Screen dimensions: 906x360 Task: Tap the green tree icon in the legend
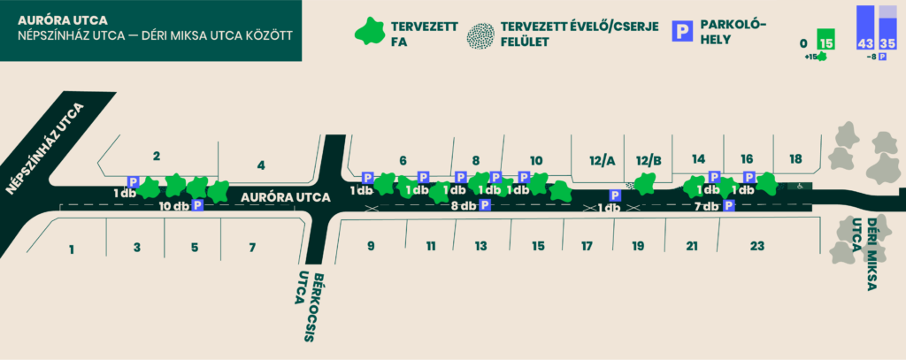371,32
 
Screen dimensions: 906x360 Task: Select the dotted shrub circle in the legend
480,36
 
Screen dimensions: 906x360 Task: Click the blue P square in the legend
683,31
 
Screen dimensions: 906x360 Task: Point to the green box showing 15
826,41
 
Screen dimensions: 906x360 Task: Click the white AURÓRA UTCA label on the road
286,197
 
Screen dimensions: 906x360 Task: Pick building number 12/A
602,161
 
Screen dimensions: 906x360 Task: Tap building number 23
757,246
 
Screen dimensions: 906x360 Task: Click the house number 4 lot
261,165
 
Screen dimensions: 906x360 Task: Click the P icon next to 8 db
485,204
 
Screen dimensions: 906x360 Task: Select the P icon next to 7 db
729,205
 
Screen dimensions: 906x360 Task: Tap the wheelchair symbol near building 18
800,186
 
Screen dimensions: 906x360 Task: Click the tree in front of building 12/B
646,183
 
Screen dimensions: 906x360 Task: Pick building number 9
371,246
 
